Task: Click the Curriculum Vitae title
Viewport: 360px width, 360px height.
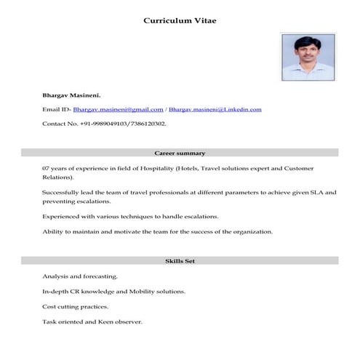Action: (180, 20)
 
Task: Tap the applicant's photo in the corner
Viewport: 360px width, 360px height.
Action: (307, 56)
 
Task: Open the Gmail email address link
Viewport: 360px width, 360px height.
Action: (118, 109)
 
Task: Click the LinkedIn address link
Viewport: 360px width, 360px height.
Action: (215, 109)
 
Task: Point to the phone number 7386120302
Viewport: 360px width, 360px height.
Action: (148, 124)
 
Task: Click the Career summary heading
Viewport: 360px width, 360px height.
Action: (180, 153)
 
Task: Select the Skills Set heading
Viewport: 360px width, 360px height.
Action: (180, 260)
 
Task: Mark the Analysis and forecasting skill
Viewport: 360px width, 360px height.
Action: (79, 276)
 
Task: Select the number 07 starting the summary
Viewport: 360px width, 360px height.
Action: (46, 168)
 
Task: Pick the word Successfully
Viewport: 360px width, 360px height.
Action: (61, 192)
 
